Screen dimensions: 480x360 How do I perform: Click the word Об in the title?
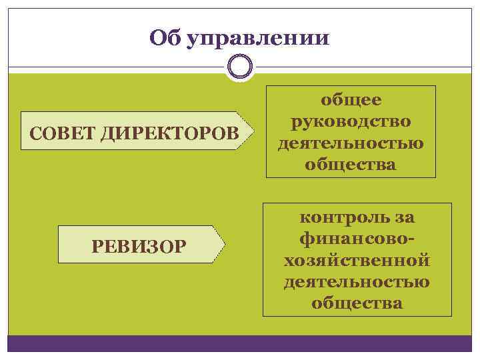coord(165,37)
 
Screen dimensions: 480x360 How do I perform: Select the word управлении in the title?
coord(257,37)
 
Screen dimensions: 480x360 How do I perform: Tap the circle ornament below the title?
coord(239,67)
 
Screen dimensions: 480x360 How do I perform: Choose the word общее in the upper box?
coord(351,100)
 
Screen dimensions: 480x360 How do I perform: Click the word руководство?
coord(351,121)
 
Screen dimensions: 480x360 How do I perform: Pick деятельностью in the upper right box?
coord(351,143)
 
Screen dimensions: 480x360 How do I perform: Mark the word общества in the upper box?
coord(351,164)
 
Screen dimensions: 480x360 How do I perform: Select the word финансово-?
coord(357,239)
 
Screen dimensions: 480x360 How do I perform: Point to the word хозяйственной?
coord(357,260)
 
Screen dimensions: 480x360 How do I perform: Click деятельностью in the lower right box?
coord(357,281)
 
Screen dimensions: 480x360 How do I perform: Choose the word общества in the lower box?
coord(357,303)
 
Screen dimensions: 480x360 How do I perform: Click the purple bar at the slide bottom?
coord(239,343)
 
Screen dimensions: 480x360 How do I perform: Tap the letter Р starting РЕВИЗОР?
coord(97,247)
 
